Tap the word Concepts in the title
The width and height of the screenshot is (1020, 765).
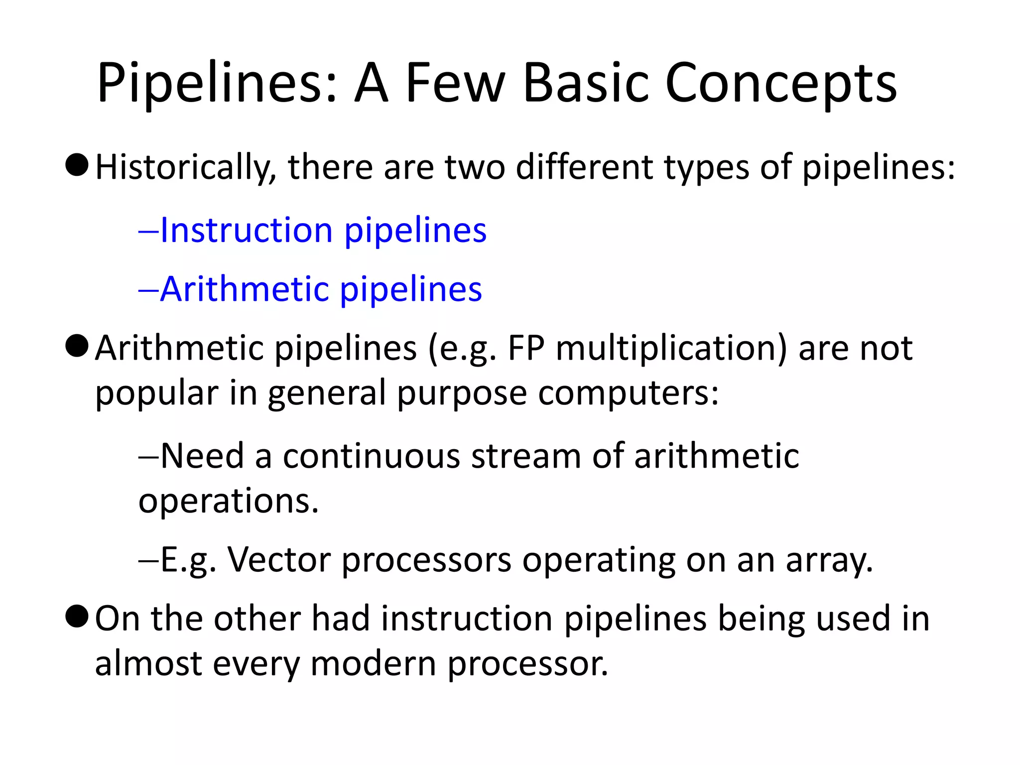click(x=780, y=83)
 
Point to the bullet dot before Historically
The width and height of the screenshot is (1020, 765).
click(x=77, y=165)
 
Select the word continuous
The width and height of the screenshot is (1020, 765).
click(x=371, y=456)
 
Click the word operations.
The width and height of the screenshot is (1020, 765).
click(x=229, y=501)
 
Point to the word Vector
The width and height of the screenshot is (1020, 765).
click(x=279, y=560)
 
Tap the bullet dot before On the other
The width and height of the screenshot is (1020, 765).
click(x=77, y=617)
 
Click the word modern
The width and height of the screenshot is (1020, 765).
click(x=373, y=664)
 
